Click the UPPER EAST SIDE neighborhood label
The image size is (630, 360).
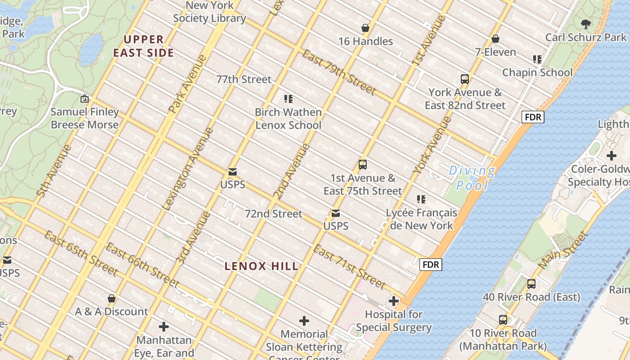click(143, 46)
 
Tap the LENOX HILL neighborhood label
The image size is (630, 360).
click(261, 266)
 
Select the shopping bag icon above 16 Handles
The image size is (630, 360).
click(365, 28)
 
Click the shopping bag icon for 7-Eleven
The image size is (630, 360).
click(495, 39)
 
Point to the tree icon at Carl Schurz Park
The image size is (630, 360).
click(585, 24)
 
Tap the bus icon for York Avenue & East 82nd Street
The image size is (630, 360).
click(465, 79)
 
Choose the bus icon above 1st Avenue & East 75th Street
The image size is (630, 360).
click(363, 165)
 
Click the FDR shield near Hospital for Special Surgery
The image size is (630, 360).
click(431, 265)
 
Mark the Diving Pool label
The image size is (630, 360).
click(472, 178)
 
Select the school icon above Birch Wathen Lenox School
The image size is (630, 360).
click(288, 99)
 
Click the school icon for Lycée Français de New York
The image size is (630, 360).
click(421, 199)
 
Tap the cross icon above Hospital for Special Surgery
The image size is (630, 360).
click(394, 301)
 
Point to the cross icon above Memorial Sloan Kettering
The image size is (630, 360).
click(304, 321)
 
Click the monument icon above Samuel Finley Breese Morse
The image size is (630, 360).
click(85, 99)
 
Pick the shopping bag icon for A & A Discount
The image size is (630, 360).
click(112, 298)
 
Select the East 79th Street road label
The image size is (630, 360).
click(339, 73)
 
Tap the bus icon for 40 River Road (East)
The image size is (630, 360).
click(531, 284)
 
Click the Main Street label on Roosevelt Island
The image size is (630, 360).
click(563, 251)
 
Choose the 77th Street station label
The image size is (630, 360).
click(244, 80)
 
